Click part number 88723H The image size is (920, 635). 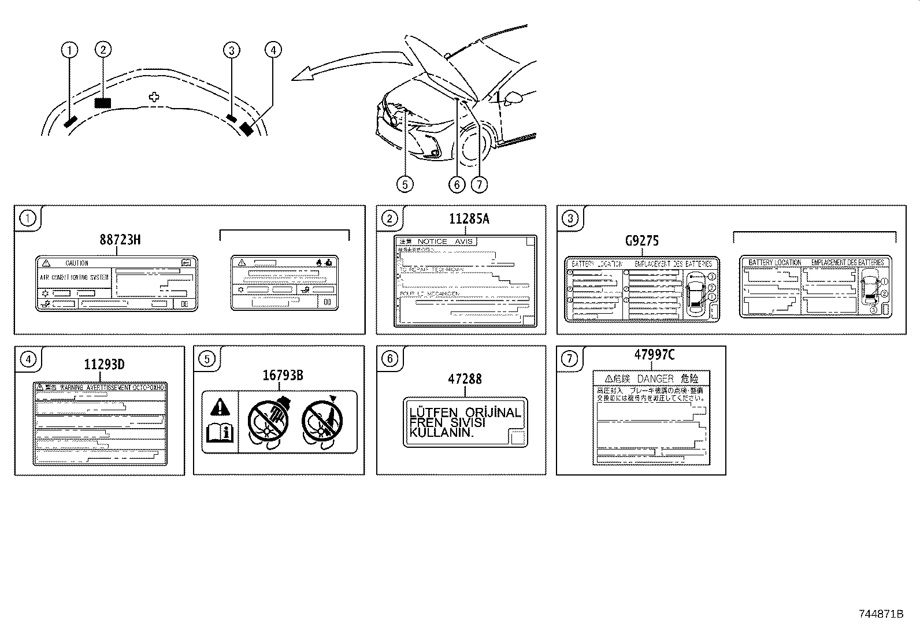pyautogui.click(x=120, y=240)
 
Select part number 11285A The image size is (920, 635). pyautogui.click(x=469, y=219)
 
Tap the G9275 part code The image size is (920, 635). pyautogui.click(x=641, y=241)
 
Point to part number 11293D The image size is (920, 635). pyautogui.click(x=104, y=365)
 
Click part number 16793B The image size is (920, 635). pyautogui.click(x=283, y=376)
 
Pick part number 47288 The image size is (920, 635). pyautogui.click(x=465, y=380)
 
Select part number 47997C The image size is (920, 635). pyautogui.click(x=654, y=355)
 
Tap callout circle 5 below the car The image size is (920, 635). pyautogui.click(x=405, y=184)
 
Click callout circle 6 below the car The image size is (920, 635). pyautogui.click(x=457, y=184)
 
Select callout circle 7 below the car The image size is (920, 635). pyautogui.click(x=479, y=184)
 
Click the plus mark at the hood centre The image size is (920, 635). pyautogui.click(x=154, y=97)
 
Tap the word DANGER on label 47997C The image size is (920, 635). pyautogui.click(x=655, y=379)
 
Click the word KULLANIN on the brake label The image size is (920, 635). pyautogui.click(x=442, y=433)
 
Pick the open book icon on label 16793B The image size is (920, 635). pyautogui.click(x=220, y=430)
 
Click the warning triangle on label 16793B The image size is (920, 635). pyautogui.click(x=220, y=408)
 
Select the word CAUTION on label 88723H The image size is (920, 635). pyautogui.click(x=77, y=263)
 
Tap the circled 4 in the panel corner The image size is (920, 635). pyautogui.click(x=27, y=359)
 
